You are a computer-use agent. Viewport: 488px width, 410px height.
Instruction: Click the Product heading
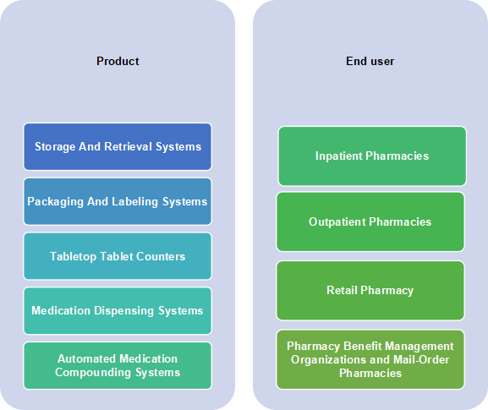tap(118, 61)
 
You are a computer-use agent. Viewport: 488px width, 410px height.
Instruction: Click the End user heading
tap(370, 61)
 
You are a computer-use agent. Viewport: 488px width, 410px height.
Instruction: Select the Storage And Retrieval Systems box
tap(118, 146)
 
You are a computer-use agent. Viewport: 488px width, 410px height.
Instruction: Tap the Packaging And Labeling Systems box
tap(118, 201)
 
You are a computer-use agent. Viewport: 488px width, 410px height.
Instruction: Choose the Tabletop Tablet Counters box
tap(118, 256)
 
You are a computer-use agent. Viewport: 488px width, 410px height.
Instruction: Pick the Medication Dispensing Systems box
tap(118, 311)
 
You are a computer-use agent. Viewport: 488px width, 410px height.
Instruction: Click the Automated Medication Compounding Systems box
tap(118, 365)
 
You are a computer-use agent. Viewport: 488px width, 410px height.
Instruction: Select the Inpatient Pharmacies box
tap(372, 156)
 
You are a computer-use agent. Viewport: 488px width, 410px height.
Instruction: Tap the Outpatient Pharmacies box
tap(370, 221)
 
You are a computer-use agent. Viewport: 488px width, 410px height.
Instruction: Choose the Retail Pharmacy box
tap(370, 291)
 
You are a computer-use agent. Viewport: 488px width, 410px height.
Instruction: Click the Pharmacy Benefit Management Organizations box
tap(370, 359)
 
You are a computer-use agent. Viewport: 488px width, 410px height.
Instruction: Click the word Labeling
tap(134, 202)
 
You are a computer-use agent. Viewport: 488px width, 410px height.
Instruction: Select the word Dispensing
tap(123, 311)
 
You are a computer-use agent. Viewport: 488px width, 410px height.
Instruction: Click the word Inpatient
tap(338, 156)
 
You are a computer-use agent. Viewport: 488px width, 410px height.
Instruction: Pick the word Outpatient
tap(337, 222)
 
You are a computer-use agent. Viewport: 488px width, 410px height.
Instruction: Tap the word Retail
tap(342, 290)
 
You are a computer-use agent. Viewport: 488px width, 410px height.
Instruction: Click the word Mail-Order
tap(421, 359)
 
